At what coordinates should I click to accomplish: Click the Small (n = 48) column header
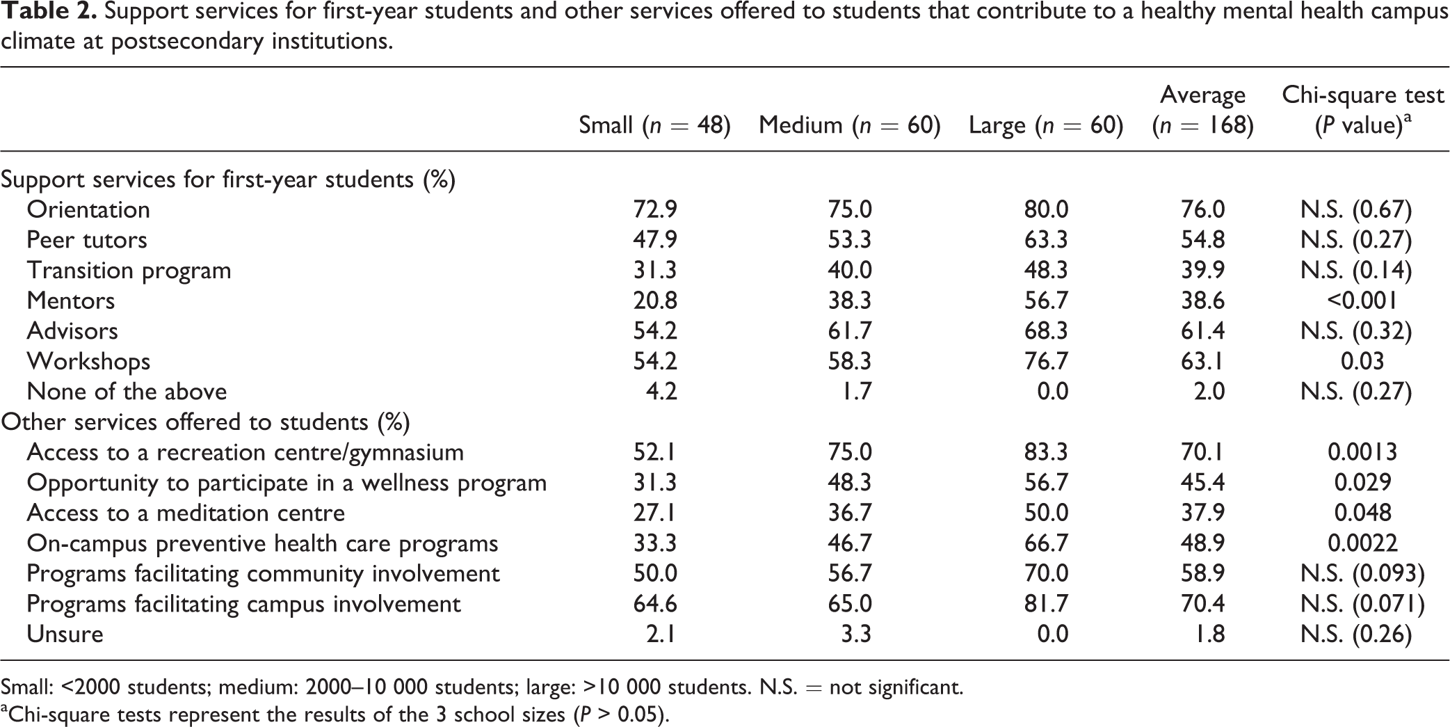pyautogui.click(x=654, y=125)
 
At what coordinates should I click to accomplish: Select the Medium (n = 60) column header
pyautogui.click(x=849, y=125)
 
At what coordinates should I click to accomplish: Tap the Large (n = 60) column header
pyautogui.click(x=1046, y=125)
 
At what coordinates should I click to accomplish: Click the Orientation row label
pyautogui.click(x=88, y=209)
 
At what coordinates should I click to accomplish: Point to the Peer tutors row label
pyautogui.click(x=87, y=240)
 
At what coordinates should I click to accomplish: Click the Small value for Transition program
pyautogui.click(x=654, y=270)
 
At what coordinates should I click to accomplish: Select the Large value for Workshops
pyautogui.click(x=1046, y=361)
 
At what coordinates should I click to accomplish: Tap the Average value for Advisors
pyautogui.click(x=1202, y=330)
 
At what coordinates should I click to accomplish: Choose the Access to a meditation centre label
pyautogui.click(x=186, y=513)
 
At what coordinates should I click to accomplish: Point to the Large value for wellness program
pyautogui.click(x=1046, y=483)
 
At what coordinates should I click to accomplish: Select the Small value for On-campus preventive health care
pyautogui.click(x=654, y=543)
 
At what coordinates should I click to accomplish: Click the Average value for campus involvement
pyautogui.click(x=1202, y=604)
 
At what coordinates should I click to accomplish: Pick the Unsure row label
pyautogui.click(x=65, y=634)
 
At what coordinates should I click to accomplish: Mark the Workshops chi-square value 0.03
pyautogui.click(x=1362, y=361)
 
